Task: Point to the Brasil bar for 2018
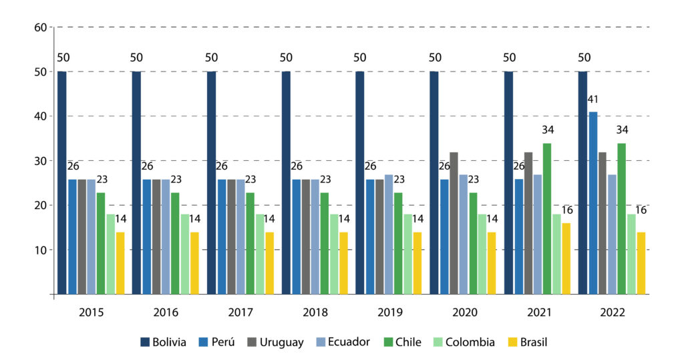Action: click(x=343, y=263)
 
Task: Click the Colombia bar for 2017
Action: click(x=260, y=254)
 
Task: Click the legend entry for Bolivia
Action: click(x=164, y=342)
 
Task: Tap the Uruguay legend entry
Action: click(x=274, y=342)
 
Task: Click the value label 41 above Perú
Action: click(x=592, y=100)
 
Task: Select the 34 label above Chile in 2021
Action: click(x=547, y=130)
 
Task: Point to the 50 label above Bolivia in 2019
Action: click(x=360, y=57)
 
